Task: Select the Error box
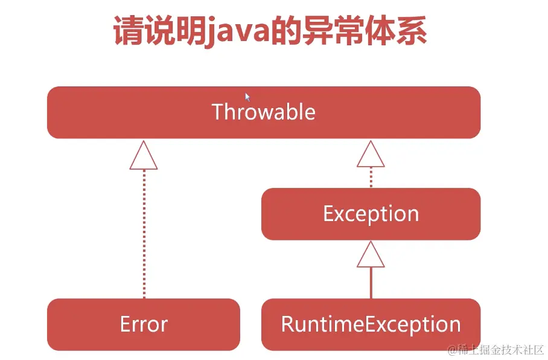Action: tap(144, 324)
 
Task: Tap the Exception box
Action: tap(371, 214)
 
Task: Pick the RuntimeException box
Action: tap(371, 324)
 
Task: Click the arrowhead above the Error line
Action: tap(144, 156)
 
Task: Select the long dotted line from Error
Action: tap(144, 236)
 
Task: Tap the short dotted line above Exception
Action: tap(371, 178)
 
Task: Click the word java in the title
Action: tap(235, 31)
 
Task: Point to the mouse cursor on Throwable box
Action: tap(247, 97)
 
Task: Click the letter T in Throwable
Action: tap(217, 112)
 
